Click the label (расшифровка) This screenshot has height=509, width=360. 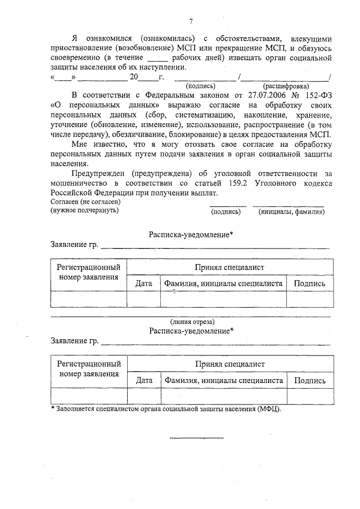285,86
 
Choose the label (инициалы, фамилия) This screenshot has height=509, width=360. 291,212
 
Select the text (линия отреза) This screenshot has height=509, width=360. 192,321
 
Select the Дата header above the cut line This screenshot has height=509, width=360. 144,283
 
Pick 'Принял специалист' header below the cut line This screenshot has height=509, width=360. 229,364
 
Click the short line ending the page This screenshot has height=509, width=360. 197,437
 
